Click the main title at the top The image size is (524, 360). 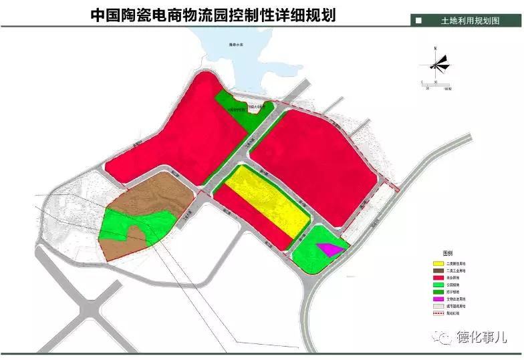point(213,14)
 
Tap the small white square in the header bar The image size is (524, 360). point(418,21)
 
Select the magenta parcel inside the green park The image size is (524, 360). point(330,249)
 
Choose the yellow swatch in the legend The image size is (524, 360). point(439,262)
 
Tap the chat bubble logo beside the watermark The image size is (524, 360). point(445,338)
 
